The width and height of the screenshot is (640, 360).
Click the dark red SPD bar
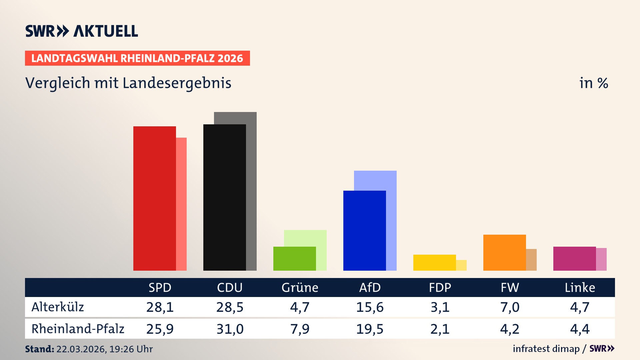click(154, 198)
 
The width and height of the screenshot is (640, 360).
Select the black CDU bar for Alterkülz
click(224, 197)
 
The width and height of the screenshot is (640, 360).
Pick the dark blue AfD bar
click(364, 230)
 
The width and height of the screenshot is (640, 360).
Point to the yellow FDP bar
click(434, 263)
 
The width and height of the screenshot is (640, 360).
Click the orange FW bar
click(504, 252)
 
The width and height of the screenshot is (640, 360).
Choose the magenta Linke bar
click(574, 258)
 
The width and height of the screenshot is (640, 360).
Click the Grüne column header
click(300, 288)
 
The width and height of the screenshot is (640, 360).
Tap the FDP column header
click(440, 288)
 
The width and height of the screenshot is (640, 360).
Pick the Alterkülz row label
click(58, 307)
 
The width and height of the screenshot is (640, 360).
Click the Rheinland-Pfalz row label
click(78, 329)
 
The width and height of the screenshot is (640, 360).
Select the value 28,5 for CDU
click(230, 307)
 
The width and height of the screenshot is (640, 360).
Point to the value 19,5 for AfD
click(370, 329)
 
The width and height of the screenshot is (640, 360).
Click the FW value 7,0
click(510, 307)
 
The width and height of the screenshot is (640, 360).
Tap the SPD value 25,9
click(160, 329)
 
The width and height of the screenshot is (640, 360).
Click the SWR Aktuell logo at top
click(81, 31)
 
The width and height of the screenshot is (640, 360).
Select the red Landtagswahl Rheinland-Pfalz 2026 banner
click(137, 58)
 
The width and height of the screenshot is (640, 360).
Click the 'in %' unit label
click(593, 83)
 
